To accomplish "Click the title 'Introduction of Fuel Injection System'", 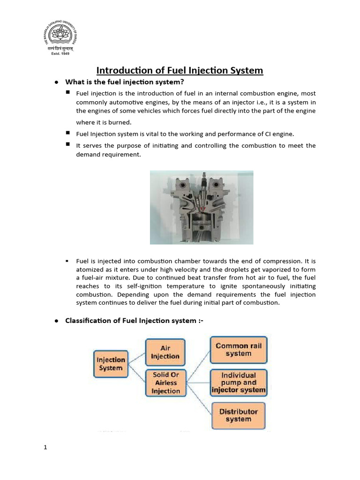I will (x=180, y=70).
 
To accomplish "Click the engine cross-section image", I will (x=202, y=207).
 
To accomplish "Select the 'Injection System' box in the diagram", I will (x=111, y=364).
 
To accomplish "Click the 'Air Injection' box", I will (x=165, y=352).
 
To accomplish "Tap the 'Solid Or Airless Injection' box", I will (x=165, y=383).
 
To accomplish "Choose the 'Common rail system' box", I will (x=239, y=350).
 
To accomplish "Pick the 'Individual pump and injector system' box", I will (x=239, y=382).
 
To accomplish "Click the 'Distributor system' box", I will (x=239, y=415).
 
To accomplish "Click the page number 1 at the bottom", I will (x=45, y=447).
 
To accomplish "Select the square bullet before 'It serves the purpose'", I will (x=68, y=145).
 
